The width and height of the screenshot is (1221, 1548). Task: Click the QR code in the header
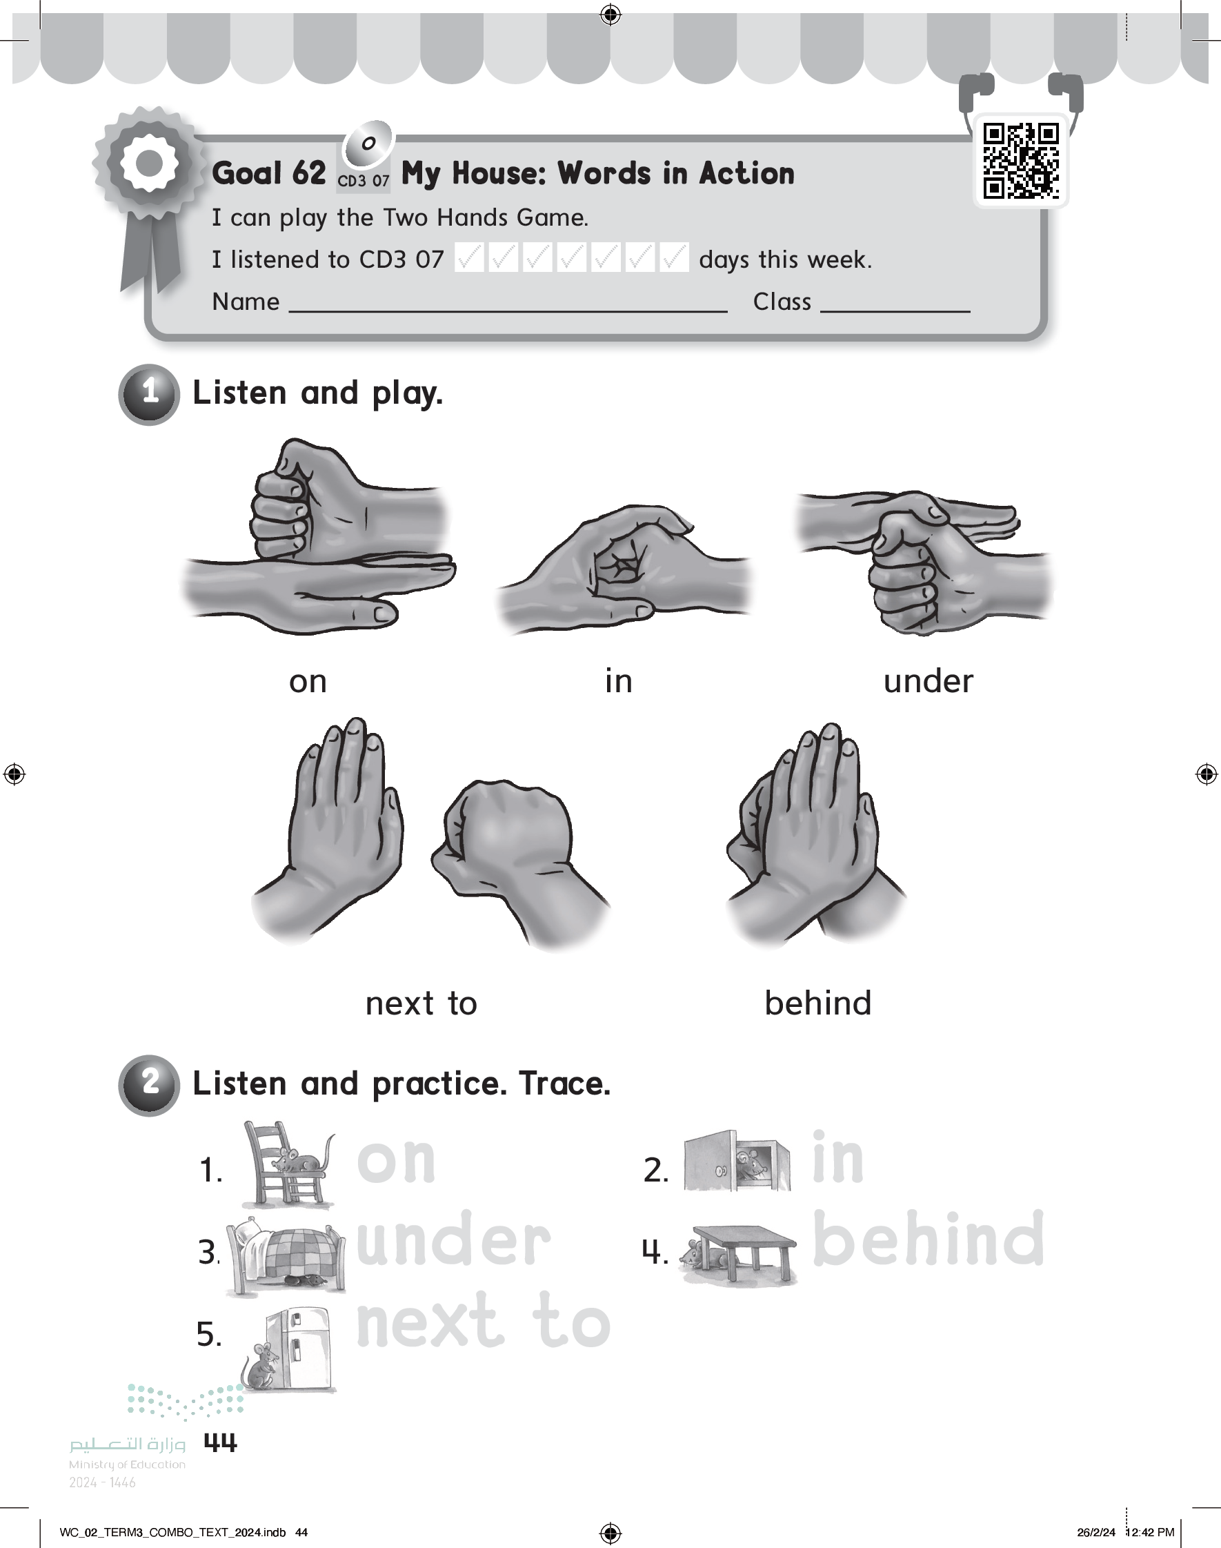pos(1021,161)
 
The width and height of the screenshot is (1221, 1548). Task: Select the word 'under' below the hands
pos(928,680)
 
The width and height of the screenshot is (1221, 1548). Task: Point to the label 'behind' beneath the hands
pos(818,1003)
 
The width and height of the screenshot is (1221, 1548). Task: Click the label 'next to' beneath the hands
pos(421,1003)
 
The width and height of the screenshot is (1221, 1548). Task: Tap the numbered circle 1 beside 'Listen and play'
pos(149,394)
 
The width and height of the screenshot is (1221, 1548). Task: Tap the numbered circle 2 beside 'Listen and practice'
pos(149,1085)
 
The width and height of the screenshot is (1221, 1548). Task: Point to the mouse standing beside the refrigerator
pos(260,1366)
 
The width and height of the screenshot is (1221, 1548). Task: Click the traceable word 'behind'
pos(928,1238)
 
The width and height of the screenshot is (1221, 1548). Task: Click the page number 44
pos(220,1443)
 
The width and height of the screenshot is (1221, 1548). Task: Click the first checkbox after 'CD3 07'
pos(469,257)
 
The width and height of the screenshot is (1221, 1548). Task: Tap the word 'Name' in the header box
pos(245,302)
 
